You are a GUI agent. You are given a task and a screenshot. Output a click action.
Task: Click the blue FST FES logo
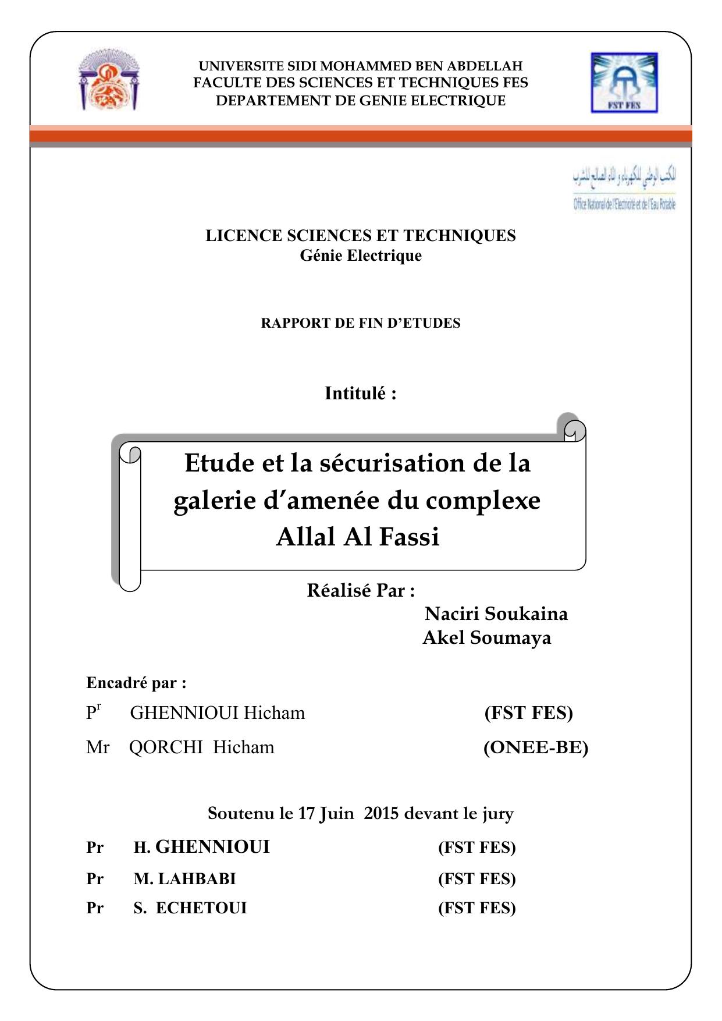tap(624, 82)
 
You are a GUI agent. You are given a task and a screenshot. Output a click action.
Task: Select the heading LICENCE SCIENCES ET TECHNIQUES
tap(361, 236)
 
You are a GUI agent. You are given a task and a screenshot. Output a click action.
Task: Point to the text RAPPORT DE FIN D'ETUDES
tap(361, 324)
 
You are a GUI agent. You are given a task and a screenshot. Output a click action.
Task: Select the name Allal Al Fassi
tap(358, 537)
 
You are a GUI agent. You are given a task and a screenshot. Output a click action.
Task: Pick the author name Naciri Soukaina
tap(496, 614)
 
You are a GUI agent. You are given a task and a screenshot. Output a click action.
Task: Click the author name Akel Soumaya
tap(486, 638)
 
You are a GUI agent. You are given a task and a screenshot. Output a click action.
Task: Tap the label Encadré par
tap(136, 682)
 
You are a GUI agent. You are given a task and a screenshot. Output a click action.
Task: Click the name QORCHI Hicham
tap(201, 747)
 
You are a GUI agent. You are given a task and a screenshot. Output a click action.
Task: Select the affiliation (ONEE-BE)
tap(536, 747)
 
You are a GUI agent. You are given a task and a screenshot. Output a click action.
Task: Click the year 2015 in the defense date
tap(381, 813)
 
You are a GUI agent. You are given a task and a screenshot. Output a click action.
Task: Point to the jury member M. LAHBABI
tap(184, 878)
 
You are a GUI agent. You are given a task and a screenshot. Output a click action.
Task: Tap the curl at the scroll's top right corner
tap(574, 429)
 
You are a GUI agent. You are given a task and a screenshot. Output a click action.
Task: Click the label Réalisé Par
tap(361, 591)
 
